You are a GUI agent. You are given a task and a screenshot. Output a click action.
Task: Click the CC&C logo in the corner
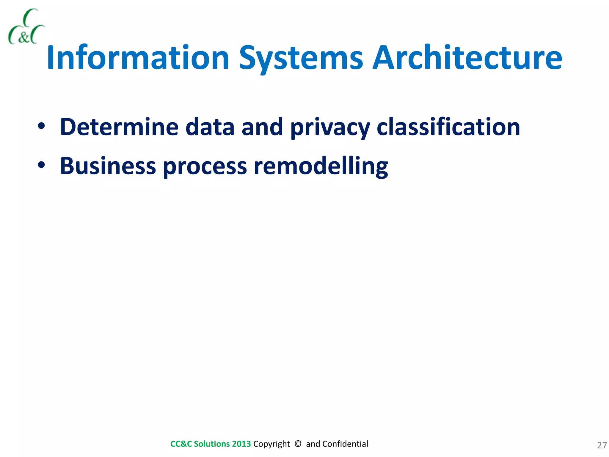pyautogui.click(x=26, y=27)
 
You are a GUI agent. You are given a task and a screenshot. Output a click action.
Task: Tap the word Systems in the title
pyautogui.click(x=301, y=58)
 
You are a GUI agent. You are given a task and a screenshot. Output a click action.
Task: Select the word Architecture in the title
pyautogui.click(x=467, y=58)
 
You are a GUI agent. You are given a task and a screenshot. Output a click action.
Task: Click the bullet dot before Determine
pyautogui.click(x=41, y=126)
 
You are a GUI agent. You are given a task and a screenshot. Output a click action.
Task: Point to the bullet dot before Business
pyautogui.click(x=41, y=165)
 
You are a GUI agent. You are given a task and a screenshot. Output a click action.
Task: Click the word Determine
pyautogui.click(x=119, y=127)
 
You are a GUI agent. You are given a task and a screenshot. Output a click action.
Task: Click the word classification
pyautogui.click(x=448, y=127)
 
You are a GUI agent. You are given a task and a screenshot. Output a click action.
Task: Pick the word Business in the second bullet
pyautogui.click(x=108, y=166)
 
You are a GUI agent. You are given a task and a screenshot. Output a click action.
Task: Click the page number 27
pyautogui.click(x=602, y=445)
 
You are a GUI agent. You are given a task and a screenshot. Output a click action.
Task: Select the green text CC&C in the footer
pyautogui.click(x=181, y=444)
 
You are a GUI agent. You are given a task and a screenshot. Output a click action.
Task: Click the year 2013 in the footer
pyautogui.click(x=241, y=444)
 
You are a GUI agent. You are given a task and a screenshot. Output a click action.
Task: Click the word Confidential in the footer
pyautogui.click(x=345, y=444)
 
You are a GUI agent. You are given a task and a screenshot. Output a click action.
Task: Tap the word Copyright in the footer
pyautogui.click(x=271, y=444)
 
